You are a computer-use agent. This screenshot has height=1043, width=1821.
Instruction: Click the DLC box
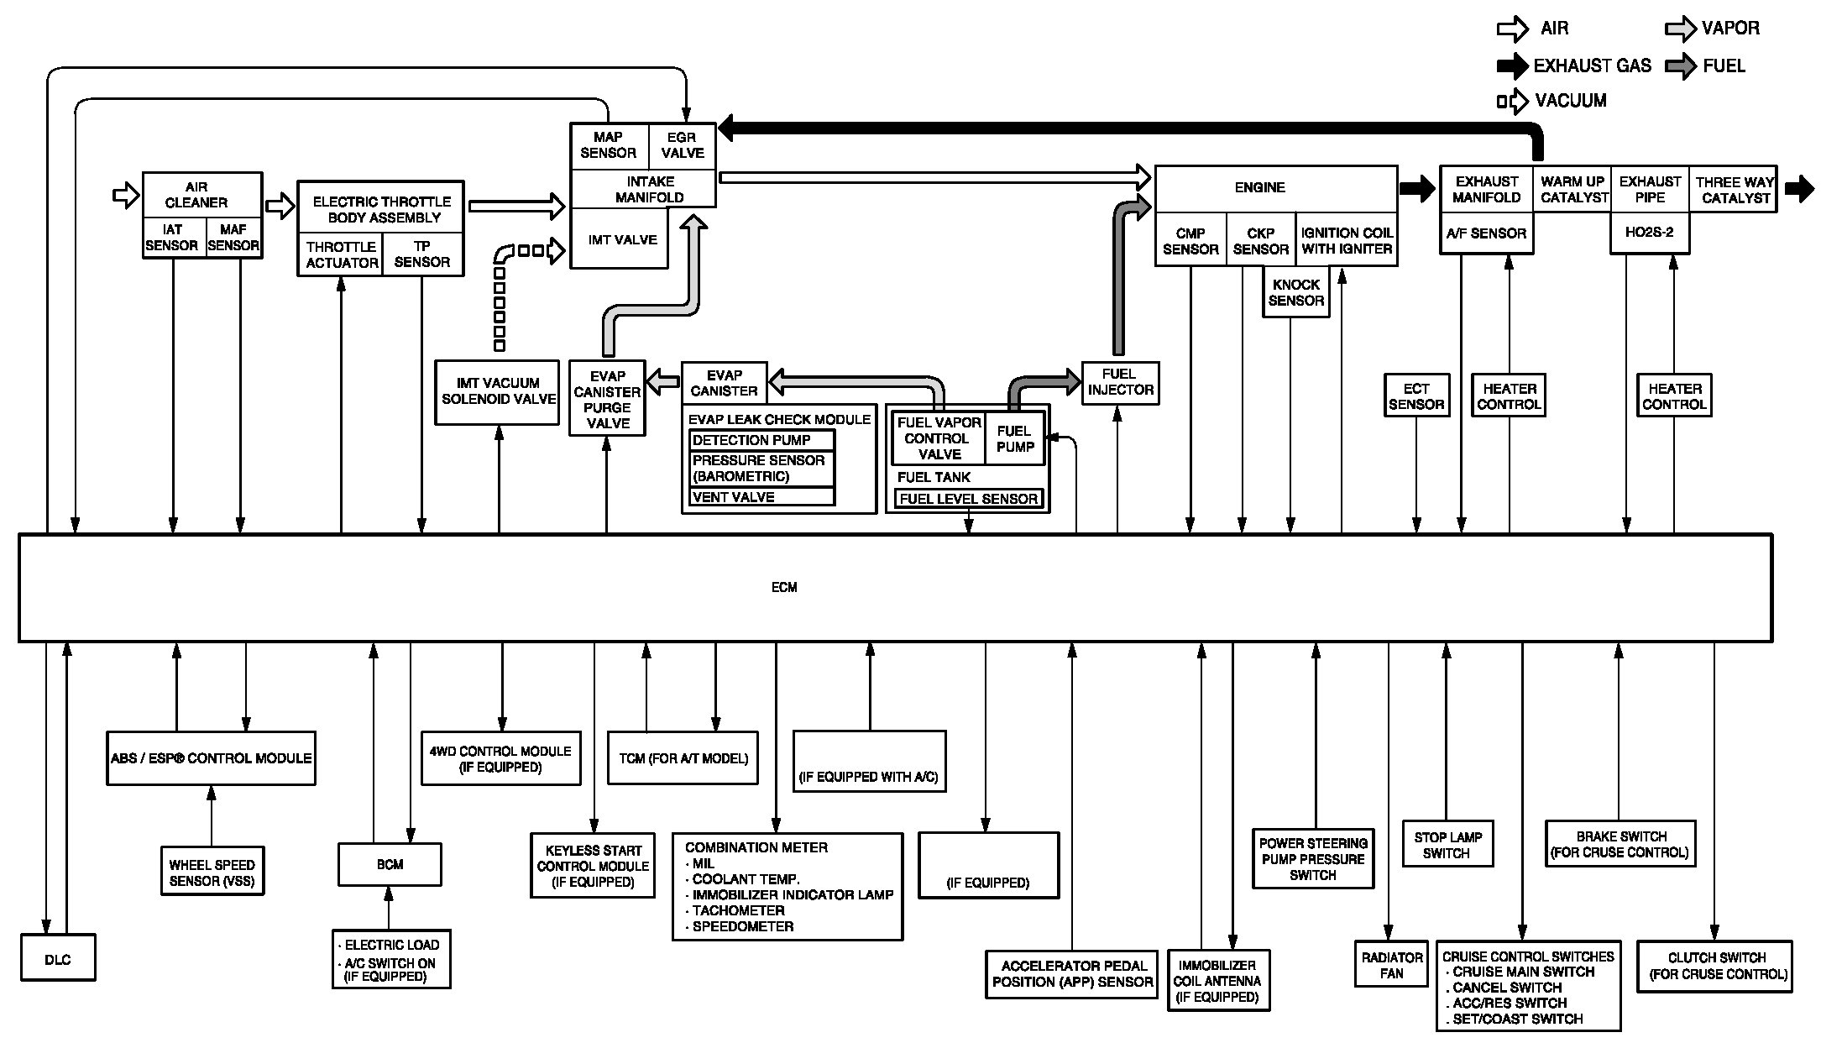click(57, 958)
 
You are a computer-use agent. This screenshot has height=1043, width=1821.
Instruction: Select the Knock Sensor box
click(1295, 293)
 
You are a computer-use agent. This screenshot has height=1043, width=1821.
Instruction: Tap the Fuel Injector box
click(1120, 383)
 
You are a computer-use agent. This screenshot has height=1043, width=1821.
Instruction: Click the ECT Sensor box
click(1415, 396)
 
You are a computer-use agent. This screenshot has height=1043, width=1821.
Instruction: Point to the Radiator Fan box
click(1390, 965)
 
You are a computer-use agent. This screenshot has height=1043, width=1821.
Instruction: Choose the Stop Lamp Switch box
click(1447, 845)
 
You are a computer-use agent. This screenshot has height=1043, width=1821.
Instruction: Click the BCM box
click(390, 864)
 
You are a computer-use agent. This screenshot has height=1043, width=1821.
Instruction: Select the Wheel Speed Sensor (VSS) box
click(212, 873)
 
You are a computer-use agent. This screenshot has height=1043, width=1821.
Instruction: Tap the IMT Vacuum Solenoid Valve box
click(498, 391)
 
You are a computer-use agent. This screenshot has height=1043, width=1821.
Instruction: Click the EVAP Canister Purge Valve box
click(607, 399)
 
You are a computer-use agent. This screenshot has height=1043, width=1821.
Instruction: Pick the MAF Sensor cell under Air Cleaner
click(233, 238)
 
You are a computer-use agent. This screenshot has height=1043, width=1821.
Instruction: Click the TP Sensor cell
click(421, 254)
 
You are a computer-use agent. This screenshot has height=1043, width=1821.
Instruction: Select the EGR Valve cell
click(682, 145)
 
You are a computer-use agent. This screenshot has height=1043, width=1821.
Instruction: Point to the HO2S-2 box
click(1649, 233)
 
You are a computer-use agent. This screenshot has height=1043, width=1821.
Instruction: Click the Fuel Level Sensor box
click(968, 499)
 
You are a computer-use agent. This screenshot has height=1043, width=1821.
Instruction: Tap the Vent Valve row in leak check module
click(761, 497)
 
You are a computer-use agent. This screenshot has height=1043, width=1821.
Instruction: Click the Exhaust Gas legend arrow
click(1512, 66)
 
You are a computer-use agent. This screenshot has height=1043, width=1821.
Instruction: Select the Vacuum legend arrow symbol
click(1513, 102)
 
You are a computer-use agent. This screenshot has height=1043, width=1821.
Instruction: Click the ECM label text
click(784, 587)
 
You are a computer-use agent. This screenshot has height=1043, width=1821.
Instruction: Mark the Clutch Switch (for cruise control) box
click(1715, 966)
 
